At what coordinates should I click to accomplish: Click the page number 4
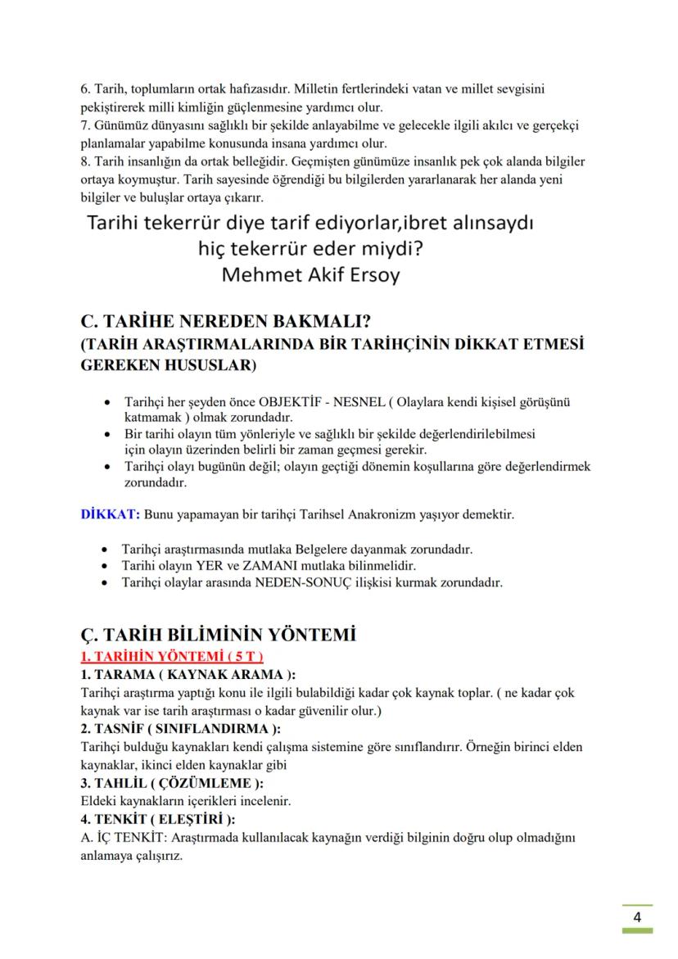637,916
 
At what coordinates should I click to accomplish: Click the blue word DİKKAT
110,514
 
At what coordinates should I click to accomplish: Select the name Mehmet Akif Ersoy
310,274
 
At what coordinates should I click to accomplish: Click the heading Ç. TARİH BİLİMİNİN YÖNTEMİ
217,635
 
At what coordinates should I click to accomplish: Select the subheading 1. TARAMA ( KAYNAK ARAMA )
188,675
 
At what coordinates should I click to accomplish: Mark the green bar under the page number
636,931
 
